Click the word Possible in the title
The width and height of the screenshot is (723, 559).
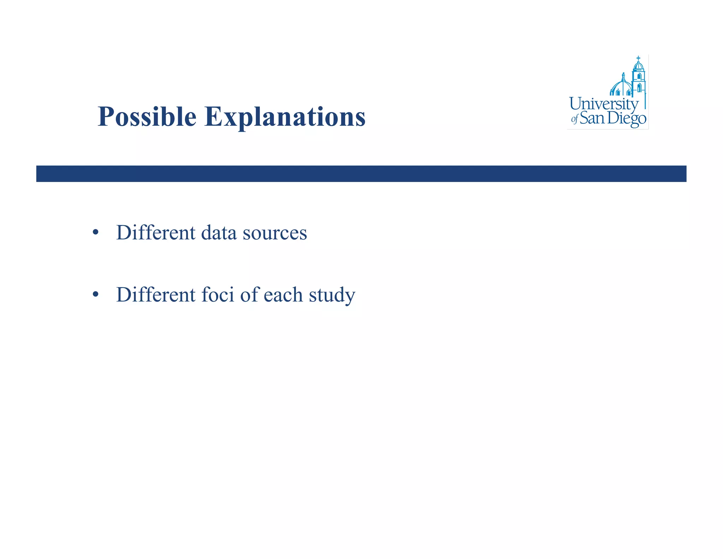click(x=147, y=117)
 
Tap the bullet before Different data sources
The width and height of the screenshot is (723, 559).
click(x=95, y=233)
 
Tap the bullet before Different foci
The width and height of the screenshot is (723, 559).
click(x=95, y=294)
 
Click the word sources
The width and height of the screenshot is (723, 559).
click(x=275, y=233)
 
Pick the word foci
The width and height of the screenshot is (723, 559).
click(x=217, y=294)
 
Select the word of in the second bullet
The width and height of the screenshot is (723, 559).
click(x=250, y=294)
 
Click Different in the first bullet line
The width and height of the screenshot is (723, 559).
click(x=156, y=233)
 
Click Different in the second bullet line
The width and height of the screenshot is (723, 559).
click(x=156, y=294)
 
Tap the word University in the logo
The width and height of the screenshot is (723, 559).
click(x=604, y=104)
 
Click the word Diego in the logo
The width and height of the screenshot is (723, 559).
click(x=627, y=118)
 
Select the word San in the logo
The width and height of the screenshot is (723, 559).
click(x=592, y=118)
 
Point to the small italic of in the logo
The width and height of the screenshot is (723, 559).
click(x=574, y=119)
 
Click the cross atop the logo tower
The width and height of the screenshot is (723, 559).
click(x=638, y=58)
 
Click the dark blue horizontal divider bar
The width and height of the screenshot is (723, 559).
click(x=361, y=173)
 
